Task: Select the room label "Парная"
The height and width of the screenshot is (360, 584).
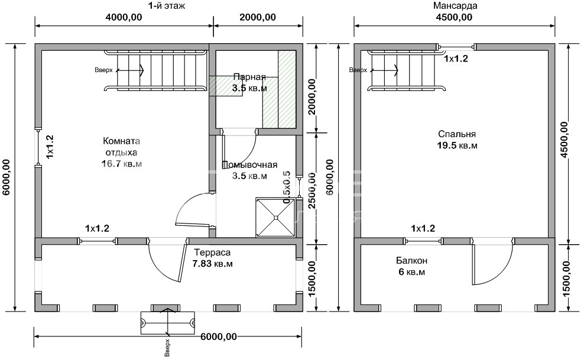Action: [249, 77]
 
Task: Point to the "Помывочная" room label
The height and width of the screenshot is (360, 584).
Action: [250, 165]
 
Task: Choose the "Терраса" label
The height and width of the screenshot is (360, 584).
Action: [213, 252]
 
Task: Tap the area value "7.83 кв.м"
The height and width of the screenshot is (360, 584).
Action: [213, 264]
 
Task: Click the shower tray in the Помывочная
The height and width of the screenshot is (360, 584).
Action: [275, 217]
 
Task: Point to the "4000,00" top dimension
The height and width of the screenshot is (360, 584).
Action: [124, 17]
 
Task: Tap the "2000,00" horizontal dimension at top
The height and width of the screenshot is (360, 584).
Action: [258, 17]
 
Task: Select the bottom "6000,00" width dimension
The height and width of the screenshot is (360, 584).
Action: [219, 337]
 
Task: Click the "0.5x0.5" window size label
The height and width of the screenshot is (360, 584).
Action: [287, 188]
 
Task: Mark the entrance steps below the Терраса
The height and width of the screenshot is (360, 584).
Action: [168, 322]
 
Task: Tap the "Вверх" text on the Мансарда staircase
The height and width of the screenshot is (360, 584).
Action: [358, 70]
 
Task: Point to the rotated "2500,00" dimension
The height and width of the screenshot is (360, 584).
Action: [312, 188]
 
